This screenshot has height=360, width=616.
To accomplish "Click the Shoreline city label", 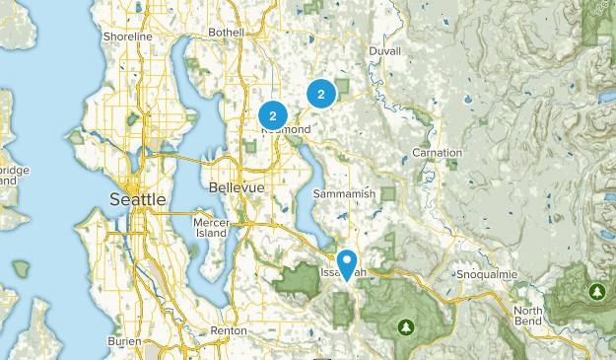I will pos(128,36).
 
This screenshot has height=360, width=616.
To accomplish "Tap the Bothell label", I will pos(225,33).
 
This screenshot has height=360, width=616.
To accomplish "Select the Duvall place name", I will pos(385,51).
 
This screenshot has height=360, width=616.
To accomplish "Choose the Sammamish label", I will pos(341,194).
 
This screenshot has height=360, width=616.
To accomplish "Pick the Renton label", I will pos(229,330).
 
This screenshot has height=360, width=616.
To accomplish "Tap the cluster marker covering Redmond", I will pos(272,115).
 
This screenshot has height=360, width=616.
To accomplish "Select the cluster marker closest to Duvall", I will pos(320,94).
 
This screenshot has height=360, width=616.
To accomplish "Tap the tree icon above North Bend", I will pos(596,292).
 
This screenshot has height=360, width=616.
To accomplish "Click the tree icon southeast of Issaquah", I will pos(404,325).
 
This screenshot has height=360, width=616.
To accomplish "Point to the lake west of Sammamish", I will pos(313,182).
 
